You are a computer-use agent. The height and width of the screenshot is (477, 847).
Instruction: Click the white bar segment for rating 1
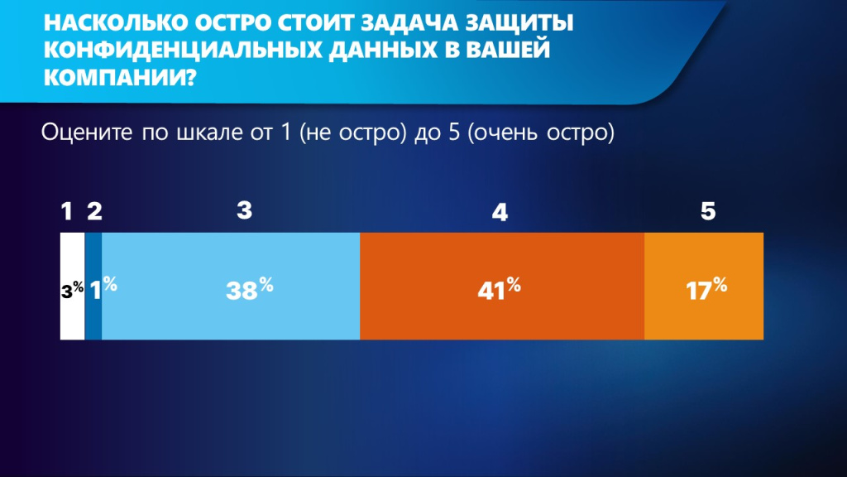click(x=73, y=286)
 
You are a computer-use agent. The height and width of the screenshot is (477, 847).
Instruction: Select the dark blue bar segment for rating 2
click(x=93, y=286)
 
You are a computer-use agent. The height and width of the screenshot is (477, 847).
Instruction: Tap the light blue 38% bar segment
click(x=232, y=286)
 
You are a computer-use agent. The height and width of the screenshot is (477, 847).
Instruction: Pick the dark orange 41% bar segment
click(x=502, y=286)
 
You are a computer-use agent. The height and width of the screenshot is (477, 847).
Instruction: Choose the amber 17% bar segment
click(x=704, y=286)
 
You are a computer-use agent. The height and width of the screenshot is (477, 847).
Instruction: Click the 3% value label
click(x=73, y=290)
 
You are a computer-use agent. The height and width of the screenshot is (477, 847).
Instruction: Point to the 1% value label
click(x=103, y=288)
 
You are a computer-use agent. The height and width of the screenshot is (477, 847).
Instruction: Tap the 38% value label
click(x=250, y=289)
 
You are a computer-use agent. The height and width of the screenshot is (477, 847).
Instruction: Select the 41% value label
click(x=499, y=289)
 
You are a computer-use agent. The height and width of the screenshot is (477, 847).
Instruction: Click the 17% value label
click(x=706, y=289)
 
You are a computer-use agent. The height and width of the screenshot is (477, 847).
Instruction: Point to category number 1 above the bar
click(x=66, y=211)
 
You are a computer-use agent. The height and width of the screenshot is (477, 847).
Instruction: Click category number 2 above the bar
click(x=94, y=211)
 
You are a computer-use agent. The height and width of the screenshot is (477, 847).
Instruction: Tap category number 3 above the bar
click(x=244, y=210)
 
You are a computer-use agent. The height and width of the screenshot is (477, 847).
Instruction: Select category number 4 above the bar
click(x=500, y=213)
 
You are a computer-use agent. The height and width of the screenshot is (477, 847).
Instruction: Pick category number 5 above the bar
click(x=708, y=211)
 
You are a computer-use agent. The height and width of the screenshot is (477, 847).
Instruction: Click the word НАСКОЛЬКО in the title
click(x=116, y=22)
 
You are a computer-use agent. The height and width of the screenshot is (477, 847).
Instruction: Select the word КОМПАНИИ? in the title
click(x=119, y=77)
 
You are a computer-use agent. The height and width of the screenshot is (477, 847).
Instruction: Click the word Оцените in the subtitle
click(x=87, y=132)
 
